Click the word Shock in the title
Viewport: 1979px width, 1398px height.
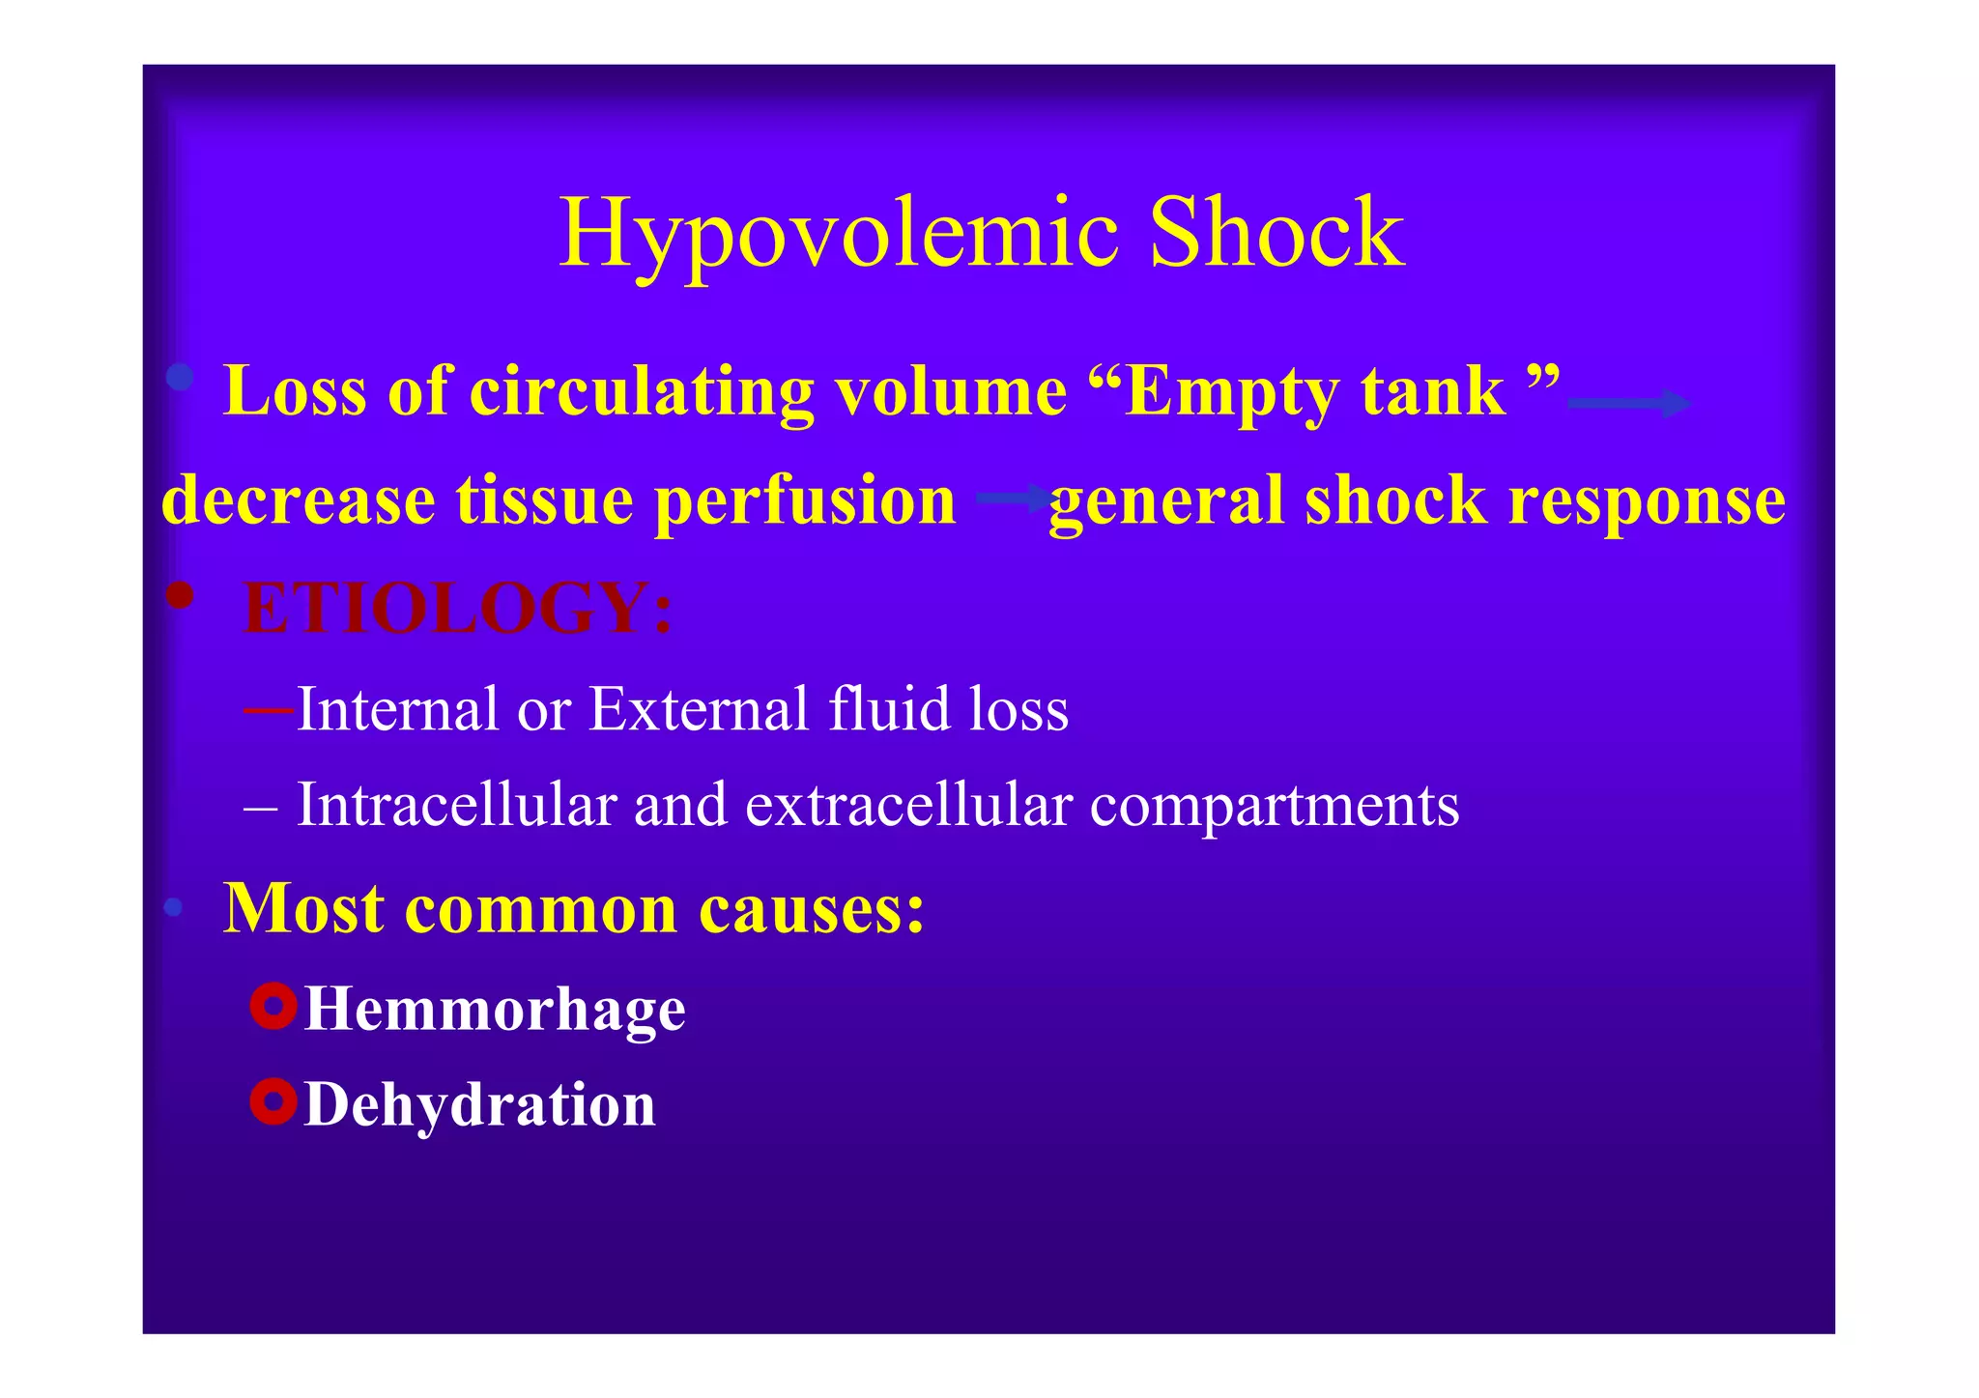tap(1276, 233)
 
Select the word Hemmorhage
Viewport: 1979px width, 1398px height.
tap(495, 1010)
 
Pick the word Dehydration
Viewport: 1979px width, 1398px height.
tap(480, 1104)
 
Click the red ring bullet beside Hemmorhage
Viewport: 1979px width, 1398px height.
tap(272, 1007)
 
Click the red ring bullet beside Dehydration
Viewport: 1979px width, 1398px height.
tap(272, 1101)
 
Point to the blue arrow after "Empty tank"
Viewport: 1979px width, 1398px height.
tap(1628, 403)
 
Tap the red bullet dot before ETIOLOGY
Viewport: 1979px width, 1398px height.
tap(180, 595)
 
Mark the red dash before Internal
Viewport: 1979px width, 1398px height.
tap(269, 711)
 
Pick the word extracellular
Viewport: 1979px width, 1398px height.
tap(908, 805)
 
